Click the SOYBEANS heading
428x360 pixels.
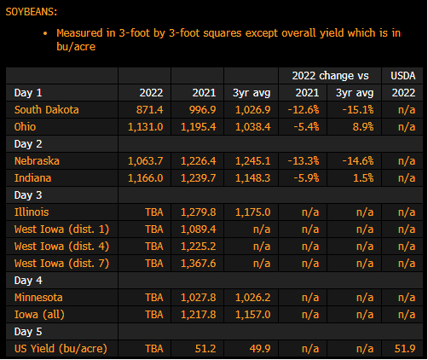click(x=32, y=12)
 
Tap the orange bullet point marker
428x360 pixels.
click(x=45, y=33)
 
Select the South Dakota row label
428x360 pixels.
click(x=47, y=110)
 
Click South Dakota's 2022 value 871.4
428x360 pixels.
click(x=150, y=110)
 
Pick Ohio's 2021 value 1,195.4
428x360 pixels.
click(x=199, y=127)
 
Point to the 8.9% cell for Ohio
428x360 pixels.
click(x=363, y=127)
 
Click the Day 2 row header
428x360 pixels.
click(x=28, y=144)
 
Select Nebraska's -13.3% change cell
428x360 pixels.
click(x=304, y=161)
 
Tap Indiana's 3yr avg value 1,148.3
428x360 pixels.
click(x=253, y=178)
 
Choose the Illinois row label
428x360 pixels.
click(x=32, y=212)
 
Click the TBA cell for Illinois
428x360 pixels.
click(x=154, y=212)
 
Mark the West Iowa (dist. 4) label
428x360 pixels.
click(x=61, y=247)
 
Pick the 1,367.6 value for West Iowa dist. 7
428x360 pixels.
click(x=199, y=264)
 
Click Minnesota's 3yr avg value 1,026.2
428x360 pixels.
click(x=253, y=298)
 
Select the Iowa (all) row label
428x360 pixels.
click(x=39, y=315)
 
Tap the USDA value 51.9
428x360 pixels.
click(x=405, y=349)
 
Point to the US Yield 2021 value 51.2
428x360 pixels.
click(x=205, y=349)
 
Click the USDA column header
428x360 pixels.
click(x=403, y=76)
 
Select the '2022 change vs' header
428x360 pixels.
click(x=330, y=76)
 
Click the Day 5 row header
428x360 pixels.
click(x=28, y=332)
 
